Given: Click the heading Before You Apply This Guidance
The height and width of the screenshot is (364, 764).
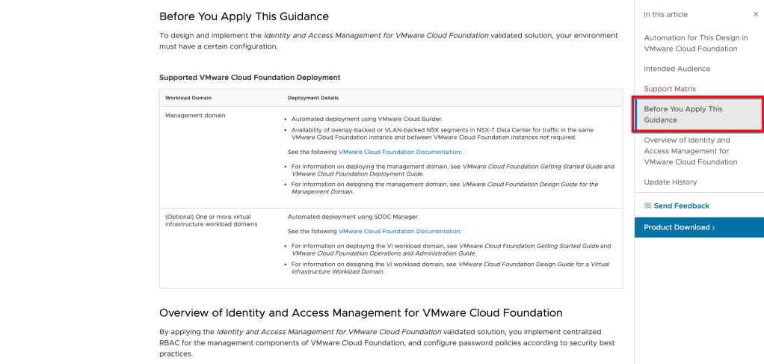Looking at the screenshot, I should [244, 16].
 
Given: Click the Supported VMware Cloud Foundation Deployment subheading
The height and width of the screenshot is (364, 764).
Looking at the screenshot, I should [250, 77].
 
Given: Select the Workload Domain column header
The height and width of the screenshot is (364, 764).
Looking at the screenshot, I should [188, 98].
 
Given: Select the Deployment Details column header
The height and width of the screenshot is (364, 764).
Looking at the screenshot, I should [313, 98].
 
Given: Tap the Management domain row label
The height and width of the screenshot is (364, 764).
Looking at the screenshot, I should [195, 116].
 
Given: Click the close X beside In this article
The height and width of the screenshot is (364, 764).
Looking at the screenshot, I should [755, 14].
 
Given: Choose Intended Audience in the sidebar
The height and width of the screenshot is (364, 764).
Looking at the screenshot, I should [677, 69].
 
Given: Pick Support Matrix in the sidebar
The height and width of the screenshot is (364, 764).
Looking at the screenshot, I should [669, 89].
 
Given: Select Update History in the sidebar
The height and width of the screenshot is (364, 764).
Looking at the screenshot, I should [670, 182].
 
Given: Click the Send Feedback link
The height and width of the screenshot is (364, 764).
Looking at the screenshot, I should [681, 206].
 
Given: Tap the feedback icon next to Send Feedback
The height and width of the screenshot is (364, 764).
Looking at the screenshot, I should [647, 206].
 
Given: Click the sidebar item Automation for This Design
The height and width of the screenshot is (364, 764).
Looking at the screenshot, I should [695, 43].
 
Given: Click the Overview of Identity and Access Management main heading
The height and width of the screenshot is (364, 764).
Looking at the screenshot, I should [360, 312].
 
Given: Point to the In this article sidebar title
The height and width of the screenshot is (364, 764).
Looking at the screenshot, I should [665, 14].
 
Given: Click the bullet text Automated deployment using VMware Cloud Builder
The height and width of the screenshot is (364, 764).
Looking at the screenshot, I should [366, 119].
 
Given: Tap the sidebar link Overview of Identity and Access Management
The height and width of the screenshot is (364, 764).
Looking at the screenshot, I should [690, 151].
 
